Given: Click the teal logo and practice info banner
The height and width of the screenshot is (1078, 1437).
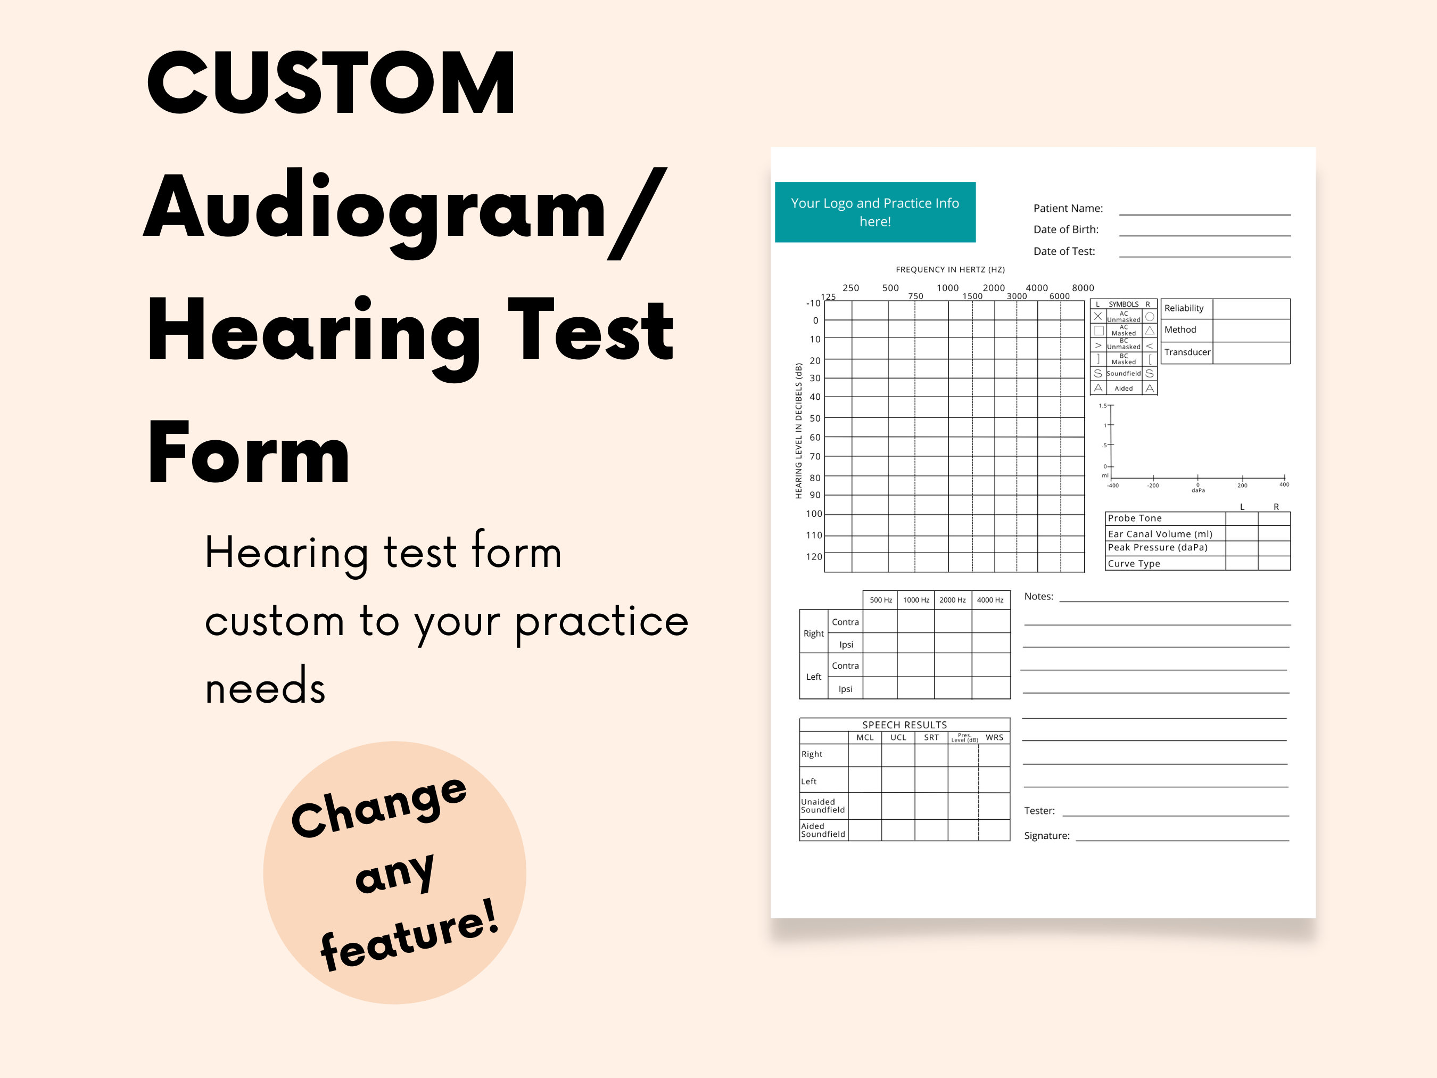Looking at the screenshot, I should click(x=874, y=212).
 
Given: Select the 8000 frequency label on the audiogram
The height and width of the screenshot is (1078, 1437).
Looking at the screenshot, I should click(x=1083, y=287).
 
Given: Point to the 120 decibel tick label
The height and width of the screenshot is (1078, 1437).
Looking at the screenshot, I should click(x=813, y=556).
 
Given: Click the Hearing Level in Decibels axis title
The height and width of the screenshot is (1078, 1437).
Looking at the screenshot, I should click(x=798, y=430).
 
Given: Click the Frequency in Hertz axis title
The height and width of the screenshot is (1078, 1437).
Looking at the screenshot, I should click(x=950, y=269).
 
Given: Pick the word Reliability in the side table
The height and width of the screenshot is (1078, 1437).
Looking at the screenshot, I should click(x=1184, y=308).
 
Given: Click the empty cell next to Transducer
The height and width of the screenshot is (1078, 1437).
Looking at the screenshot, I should click(x=1251, y=352).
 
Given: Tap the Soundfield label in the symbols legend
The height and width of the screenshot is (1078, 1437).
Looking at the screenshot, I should click(x=1123, y=374).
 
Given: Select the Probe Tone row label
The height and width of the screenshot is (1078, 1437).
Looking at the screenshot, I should click(x=1134, y=518).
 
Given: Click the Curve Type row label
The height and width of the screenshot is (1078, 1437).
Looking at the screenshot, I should click(x=1134, y=563).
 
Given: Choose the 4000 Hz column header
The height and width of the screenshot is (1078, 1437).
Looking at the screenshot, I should click(x=989, y=600).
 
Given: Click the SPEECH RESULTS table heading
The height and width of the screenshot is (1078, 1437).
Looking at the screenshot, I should click(x=904, y=725).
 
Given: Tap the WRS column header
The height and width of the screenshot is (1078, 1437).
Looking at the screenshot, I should click(x=994, y=737).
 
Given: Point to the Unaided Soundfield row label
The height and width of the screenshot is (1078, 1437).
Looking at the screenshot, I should click(x=822, y=806).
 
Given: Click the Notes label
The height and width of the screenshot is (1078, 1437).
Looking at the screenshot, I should click(x=1038, y=597).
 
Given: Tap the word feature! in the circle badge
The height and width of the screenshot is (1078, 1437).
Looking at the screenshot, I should click(x=409, y=936).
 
